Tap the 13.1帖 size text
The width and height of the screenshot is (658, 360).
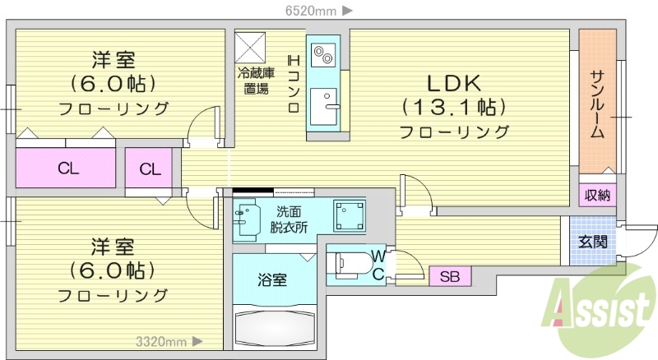coord(453,107)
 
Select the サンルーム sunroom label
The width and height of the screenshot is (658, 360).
coord(598,104)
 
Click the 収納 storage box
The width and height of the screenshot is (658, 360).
coord(598,195)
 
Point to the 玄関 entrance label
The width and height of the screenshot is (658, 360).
coord(592,242)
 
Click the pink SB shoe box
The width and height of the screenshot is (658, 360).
coord(450,276)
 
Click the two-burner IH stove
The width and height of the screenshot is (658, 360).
coord(321,53)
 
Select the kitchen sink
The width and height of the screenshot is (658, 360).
coord(324,105)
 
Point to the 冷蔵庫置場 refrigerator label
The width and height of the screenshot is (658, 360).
coord(255,81)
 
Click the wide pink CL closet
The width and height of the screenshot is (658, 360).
coord(67,169)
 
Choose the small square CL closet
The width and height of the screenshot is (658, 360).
coord(150,169)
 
